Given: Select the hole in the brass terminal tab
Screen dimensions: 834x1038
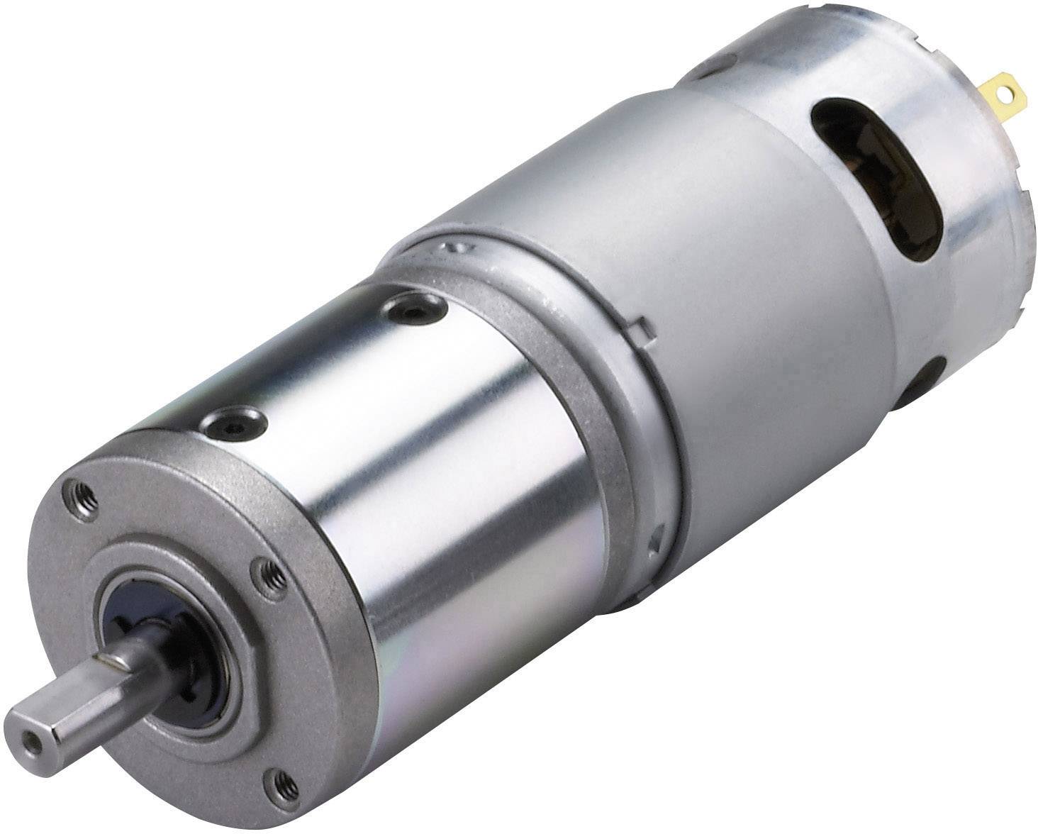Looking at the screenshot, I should click(x=1000, y=91).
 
